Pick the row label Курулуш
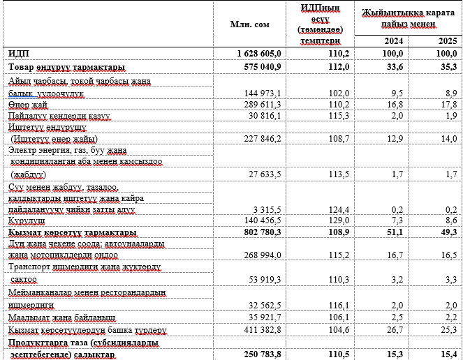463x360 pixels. [27, 220]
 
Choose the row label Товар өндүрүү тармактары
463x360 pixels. [66, 67]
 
